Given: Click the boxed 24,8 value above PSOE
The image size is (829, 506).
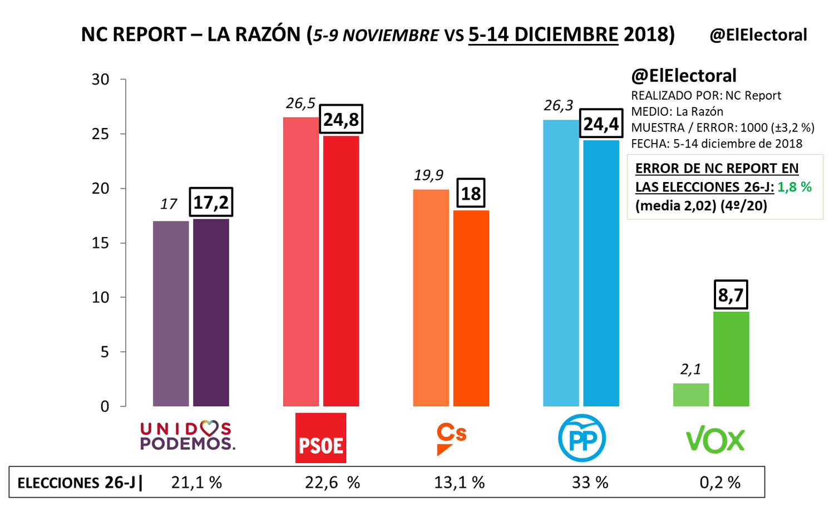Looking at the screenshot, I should pyautogui.click(x=341, y=119).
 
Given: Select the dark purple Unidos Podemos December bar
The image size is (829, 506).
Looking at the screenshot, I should pyautogui.click(x=211, y=312).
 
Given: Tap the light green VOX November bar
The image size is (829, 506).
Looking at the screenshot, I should pyautogui.click(x=691, y=395).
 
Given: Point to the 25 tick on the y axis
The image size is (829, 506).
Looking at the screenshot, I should pyautogui.click(x=101, y=134).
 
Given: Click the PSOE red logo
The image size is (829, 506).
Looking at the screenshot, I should pyautogui.click(x=320, y=438).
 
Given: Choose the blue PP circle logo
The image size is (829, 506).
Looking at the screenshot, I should pyautogui.click(x=582, y=438).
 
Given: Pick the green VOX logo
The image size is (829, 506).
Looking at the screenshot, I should pyautogui.click(x=715, y=440).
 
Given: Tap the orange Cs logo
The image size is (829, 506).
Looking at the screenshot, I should pyautogui.click(x=451, y=438).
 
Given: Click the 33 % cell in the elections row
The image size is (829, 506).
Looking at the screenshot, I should pyautogui.click(x=590, y=482).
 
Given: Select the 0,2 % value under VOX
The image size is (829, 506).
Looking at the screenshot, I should pyautogui.click(x=720, y=482).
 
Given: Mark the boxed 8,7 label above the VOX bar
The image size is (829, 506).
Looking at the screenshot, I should pyautogui.click(x=731, y=294).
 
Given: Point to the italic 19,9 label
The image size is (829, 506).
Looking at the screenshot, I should pyautogui.click(x=428, y=175).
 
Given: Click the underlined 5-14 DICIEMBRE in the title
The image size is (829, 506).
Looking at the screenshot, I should pyautogui.click(x=543, y=35).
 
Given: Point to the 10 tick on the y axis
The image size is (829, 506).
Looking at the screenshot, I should pyautogui.click(x=101, y=297).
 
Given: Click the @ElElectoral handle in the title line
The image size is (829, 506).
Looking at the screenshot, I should pyautogui.click(x=758, y=35).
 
